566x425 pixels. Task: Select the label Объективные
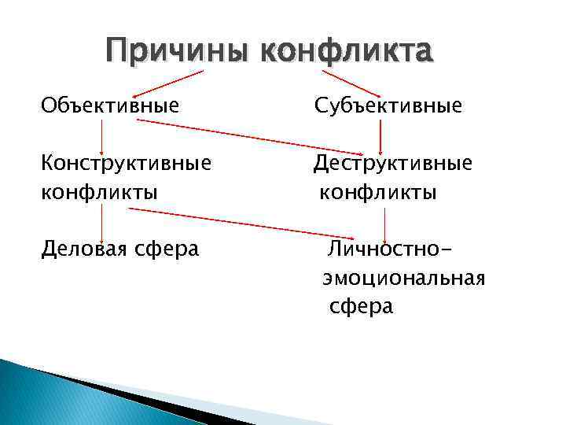pyautogui.click(x=110, y=104)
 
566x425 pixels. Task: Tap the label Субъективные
pyautogui.click(x=388, y=104)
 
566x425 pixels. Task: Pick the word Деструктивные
pyautogui.click(x=393, y=163)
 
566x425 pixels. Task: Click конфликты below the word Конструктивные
pyautogui.click(x=99, y=191)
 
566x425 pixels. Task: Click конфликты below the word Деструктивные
pyautogui.click(x=378, y=191)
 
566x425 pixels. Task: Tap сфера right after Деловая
pyautogui.click(x=167, y=249)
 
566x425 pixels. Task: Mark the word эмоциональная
pyautogui.click(x=403, y=278)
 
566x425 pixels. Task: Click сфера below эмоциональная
pyautogui.click(x=361, y=306)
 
